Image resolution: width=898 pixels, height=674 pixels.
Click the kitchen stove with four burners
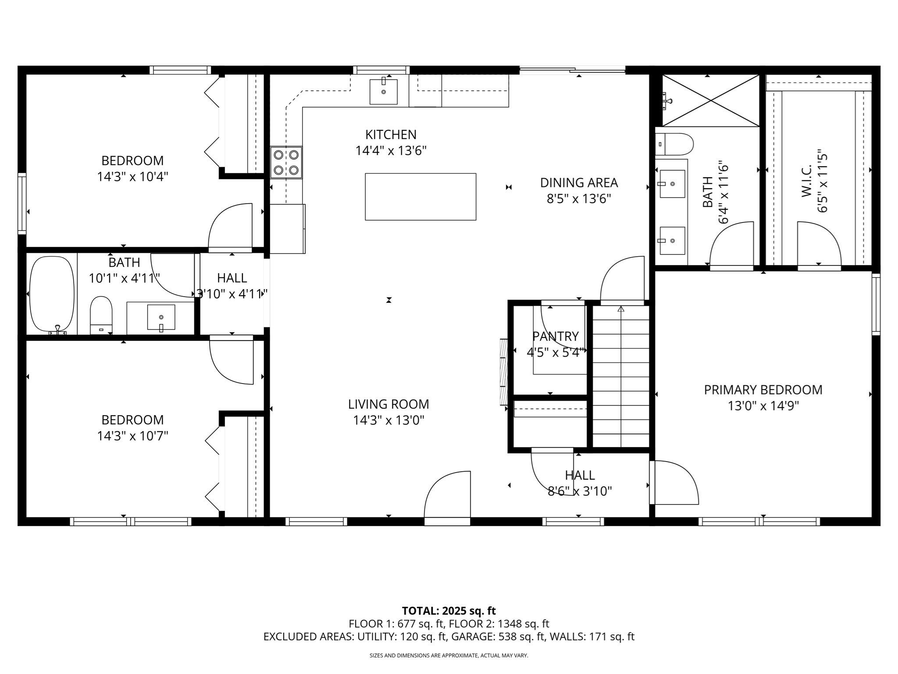point(286,162)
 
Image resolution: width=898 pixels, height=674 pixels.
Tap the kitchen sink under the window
point(383,92)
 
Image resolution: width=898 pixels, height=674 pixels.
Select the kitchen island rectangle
point(420,197)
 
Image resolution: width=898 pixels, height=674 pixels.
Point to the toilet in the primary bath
point(675,144)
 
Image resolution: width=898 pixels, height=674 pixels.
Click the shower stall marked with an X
point(710,100)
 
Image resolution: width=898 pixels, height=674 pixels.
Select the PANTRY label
point(555,336)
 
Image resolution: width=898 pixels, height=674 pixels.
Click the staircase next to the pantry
point(620,377)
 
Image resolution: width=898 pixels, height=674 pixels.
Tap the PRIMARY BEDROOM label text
point(763,390)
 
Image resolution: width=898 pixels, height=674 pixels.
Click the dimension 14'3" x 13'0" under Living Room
point(388,420)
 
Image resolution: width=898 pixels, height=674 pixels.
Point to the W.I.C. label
point(807,180)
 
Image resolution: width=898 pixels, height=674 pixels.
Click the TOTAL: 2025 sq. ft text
point(449,611)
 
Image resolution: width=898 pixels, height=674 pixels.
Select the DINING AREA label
point(579,183)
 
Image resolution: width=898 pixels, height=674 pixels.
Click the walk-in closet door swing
point(817,243)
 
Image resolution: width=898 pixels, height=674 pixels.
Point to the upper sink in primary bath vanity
point(672,184)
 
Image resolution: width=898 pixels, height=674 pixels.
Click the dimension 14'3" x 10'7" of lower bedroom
point(132,436)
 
